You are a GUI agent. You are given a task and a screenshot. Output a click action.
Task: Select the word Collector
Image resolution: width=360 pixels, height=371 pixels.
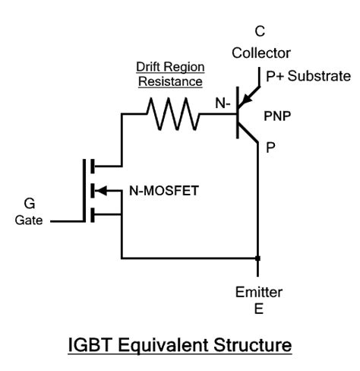[260, 54]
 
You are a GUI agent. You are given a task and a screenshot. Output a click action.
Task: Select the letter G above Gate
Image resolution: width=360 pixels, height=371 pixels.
[30, 204]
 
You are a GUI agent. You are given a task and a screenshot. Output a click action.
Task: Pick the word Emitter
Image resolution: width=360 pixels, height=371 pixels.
[260, 292]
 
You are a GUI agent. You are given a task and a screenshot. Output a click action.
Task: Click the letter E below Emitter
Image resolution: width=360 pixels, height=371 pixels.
[260, 309]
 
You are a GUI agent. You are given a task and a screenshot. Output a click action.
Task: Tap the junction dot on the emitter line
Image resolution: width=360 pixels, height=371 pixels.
[259, 258]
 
